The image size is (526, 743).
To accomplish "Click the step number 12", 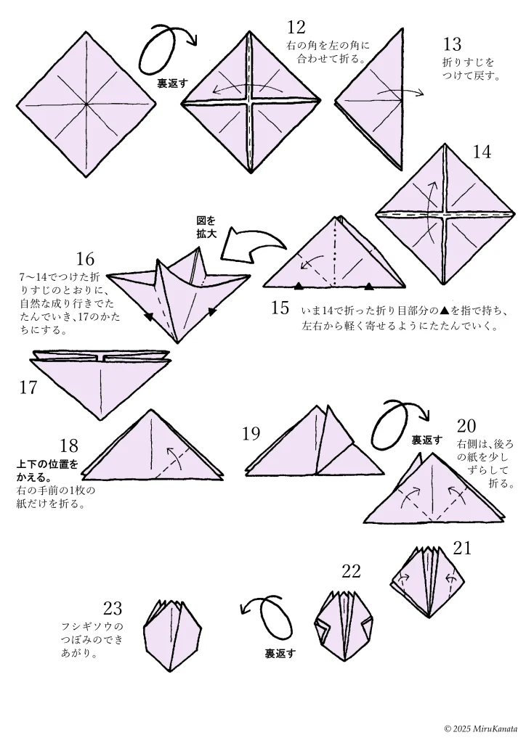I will pos(296,28).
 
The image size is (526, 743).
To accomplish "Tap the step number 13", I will pos(452,44).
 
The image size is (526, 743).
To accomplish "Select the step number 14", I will pos(482,152).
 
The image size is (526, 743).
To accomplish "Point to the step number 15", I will pos(280,308).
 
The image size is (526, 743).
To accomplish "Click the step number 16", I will pos(85,259).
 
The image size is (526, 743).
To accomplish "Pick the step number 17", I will pos(28,387).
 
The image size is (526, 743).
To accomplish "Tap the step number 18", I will pos(69,446).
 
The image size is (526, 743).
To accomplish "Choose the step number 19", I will pos(251,434).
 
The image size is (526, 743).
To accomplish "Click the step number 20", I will pos(466,425).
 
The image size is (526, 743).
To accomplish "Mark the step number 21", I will pos(463,548).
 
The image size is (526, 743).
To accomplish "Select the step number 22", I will pos(351,572).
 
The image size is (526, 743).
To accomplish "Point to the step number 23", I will pos(113,608).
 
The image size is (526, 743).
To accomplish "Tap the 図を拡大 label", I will pos(206,226).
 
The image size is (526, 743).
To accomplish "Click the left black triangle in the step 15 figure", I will pos(299,285).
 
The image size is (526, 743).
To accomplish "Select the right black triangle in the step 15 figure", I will pos(370,285).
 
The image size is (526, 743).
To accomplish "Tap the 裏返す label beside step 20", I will pos(426,440).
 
